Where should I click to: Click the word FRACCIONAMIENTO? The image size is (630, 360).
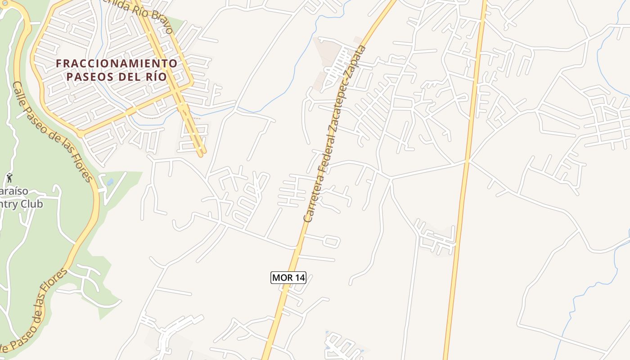click(117, 63)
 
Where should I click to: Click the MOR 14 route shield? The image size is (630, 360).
click(288, 278)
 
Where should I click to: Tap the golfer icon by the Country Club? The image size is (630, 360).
click(9, 178)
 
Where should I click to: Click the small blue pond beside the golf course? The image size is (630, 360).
click(110, 182)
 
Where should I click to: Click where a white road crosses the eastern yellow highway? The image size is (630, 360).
click(467, 161)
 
